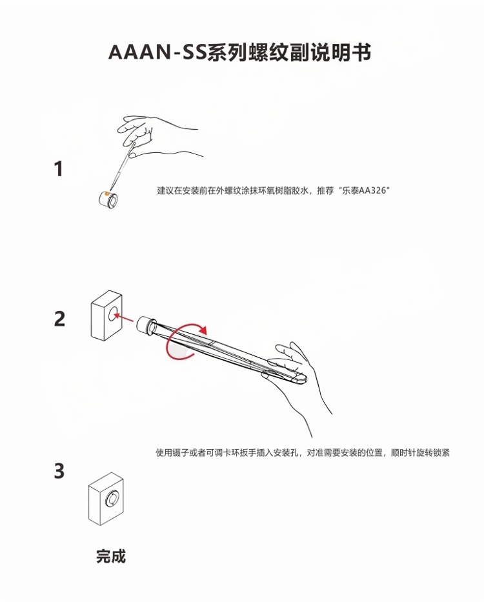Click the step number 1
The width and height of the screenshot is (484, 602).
(x=59, y=169)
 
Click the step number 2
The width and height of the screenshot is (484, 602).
(x=59, y=319)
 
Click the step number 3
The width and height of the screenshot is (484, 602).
(x=59, y=471)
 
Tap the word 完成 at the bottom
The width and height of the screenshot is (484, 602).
(x=111, y=556)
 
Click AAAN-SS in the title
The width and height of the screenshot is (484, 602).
(x=157, y=52)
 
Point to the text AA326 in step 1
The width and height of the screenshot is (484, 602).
(x=372, y=190)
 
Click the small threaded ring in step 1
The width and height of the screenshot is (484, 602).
(x=108, y=199)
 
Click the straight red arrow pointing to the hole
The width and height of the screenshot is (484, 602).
(x=124, y=317)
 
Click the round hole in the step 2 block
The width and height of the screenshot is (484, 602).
(x=114, y=314)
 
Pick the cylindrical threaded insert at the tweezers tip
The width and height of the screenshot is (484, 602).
(x=146, y=325)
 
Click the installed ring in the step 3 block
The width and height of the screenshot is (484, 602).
(x=112, y=499)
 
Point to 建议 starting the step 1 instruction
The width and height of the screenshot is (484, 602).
(x=165, y=190)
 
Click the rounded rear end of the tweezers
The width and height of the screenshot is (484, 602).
(x=301, y=379)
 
